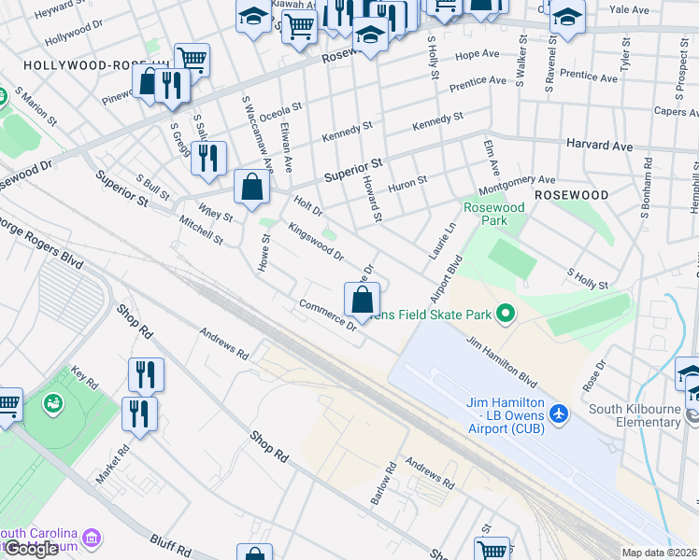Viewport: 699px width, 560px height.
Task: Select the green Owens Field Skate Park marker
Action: click(506, 314)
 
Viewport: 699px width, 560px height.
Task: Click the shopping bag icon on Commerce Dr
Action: click(363, 301)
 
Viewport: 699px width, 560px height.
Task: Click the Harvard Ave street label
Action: click(599, 147)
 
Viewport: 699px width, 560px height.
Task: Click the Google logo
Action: click(31, 549)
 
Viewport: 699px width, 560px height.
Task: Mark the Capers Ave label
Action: click(676, 111)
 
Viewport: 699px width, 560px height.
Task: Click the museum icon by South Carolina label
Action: click(92, 539)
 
